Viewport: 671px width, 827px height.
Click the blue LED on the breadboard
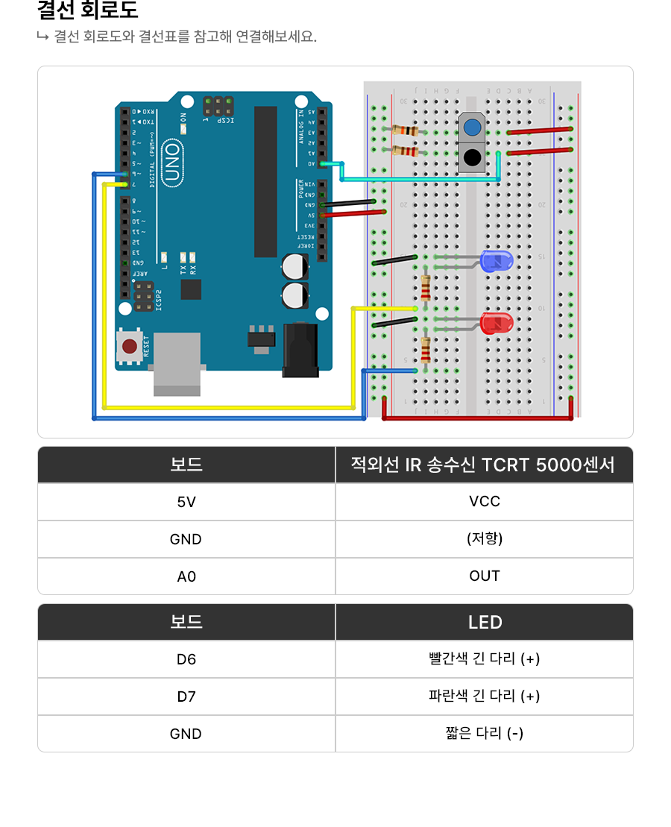497,261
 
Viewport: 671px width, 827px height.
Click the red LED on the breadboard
497,324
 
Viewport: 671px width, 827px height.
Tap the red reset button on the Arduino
130,346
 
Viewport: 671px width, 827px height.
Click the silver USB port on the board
177,363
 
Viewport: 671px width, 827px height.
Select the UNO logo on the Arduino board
171,163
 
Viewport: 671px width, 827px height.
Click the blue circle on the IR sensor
471,128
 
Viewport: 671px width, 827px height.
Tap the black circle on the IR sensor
471,157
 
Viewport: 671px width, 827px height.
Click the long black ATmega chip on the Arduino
265,181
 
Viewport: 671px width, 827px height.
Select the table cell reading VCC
485,502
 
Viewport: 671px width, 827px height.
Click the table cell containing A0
186,576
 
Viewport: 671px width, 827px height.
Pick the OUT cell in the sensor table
485,576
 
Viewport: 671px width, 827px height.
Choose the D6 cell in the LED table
186,659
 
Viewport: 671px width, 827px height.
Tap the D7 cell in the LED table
186,696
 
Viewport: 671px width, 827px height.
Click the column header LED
485,622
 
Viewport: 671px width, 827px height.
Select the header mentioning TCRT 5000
485,465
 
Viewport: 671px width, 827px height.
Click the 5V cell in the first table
186,502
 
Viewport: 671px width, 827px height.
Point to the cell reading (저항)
485,539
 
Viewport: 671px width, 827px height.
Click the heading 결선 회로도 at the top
88,11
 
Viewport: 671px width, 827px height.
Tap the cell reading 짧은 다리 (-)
485,734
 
